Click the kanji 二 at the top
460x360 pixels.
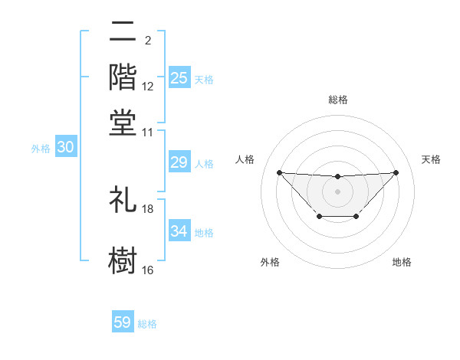pyautogui.click(x=123, y=32)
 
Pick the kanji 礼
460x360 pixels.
pyautogui.click(x=123, y=199)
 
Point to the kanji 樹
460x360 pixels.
pyautogui.click(x=123, y=259)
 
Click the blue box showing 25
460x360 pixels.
pyautogui.click(x=179, y=78)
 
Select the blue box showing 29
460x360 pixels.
pyautogui.click(x=179, y=162)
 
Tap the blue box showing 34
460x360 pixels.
pyautogui.click(x=179, y=231)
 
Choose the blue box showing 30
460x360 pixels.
pyautogui.click(x=65, y=148)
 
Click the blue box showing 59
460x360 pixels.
pyautogui.click(x=123, y=322)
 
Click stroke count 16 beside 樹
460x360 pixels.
pyautogui.click(x=148, y=270)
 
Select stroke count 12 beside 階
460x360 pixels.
pyautogui.click(x=148, y=87)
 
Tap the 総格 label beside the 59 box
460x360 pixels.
pyautogui.click(x=147, y=324)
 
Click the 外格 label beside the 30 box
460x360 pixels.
pyautogui.click(x=41, y=149)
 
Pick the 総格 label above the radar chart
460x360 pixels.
pyautogui.click(x=337, y=100)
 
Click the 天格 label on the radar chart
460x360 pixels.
pyautogui.click(x=431, y=159)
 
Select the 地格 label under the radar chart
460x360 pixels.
pyautogui.click(x=402, y=262)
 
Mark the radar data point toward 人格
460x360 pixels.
pyautogui.click(x=279, y=172)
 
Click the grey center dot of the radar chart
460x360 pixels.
pyautogui.click(x=337, y=191)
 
